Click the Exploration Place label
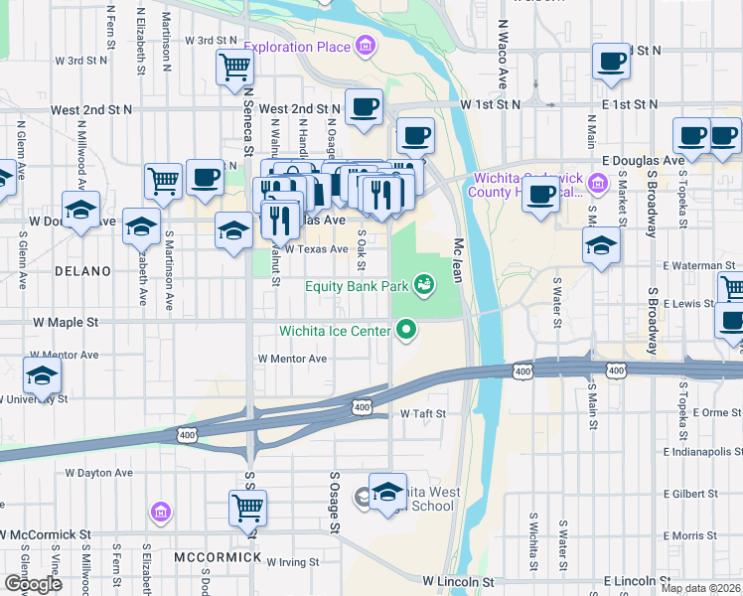[x=296, y=47]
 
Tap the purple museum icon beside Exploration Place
[x=365, y=46]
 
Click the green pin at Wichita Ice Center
[x=405, y=330]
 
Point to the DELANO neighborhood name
[x=83, y=270]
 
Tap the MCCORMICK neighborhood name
[x=218, y=557]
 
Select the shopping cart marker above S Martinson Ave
[x=163, y=181]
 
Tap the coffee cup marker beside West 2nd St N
[x=364, y=106]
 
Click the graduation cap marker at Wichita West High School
[x=388, y=491]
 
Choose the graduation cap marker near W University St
[x=43, y=375]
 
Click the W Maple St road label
[x=66, y=323]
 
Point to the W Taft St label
[x=423, y=413]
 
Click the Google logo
[x=32, y=584]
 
